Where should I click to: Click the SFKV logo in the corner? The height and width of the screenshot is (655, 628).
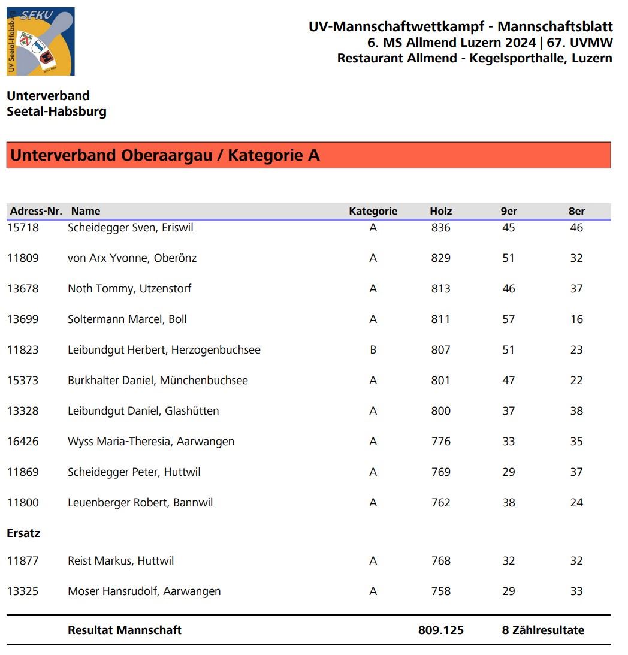pyautogui.click(x=40, y=41)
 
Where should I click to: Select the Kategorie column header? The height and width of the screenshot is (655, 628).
pyautogui.click(x=373, y=211)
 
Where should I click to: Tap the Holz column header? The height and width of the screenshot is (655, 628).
pyautogui.click(x=440, y=211)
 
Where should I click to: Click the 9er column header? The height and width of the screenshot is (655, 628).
pyautogui.click(x=509, y=211)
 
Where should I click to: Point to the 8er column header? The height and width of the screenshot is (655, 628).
pyautogui.click(x=576, y=211)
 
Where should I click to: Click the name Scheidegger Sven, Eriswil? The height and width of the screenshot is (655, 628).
pyautogui.click(x=130, y=228)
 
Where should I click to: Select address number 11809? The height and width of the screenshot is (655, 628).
pyautogui.click(x=23, y=258)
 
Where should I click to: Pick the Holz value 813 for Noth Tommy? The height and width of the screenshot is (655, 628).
pyautogui.click(x=440, y=289)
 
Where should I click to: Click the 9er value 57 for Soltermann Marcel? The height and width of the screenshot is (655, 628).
pyautogui.click(x=508, y=319)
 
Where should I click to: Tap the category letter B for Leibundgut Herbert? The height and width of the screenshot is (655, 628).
pyautogui.click(x=373, y=350)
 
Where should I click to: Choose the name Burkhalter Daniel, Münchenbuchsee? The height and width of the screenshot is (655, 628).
pyautogui.click(x=158, y=381)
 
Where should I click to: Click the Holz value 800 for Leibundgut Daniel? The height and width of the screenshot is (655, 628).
pyautogui.click(x=440, y=411)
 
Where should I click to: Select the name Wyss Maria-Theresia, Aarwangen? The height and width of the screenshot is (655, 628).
pyautogui.click(x=151, y=442)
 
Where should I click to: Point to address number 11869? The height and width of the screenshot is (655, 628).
pyautogui.click(x=23, y=472)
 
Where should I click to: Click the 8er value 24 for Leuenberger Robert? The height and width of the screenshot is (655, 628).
pyautogui.click(x=576, y=503)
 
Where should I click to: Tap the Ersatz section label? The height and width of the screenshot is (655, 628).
pyautogui.click(x=23, y=533)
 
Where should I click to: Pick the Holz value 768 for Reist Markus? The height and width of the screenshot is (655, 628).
pyautogui.click(x=440, y=561)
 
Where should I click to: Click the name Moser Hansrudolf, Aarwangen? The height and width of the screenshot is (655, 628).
pyautogui.click(x=144, y=591)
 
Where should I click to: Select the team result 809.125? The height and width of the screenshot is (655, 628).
pyautogui.click(x=440, y=630)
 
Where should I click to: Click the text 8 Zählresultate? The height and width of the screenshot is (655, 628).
pyautogui.click(x=543, y=630)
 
